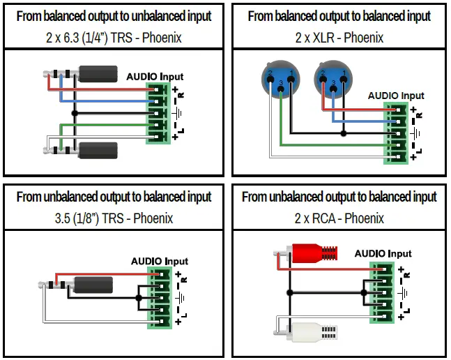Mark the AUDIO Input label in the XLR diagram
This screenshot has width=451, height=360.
tap(395, 96)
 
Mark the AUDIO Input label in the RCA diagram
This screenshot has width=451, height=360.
tap(383, 253)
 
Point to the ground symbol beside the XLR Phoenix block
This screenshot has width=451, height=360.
tap(418, 134)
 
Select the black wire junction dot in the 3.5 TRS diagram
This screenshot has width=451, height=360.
tap(139, 298)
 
